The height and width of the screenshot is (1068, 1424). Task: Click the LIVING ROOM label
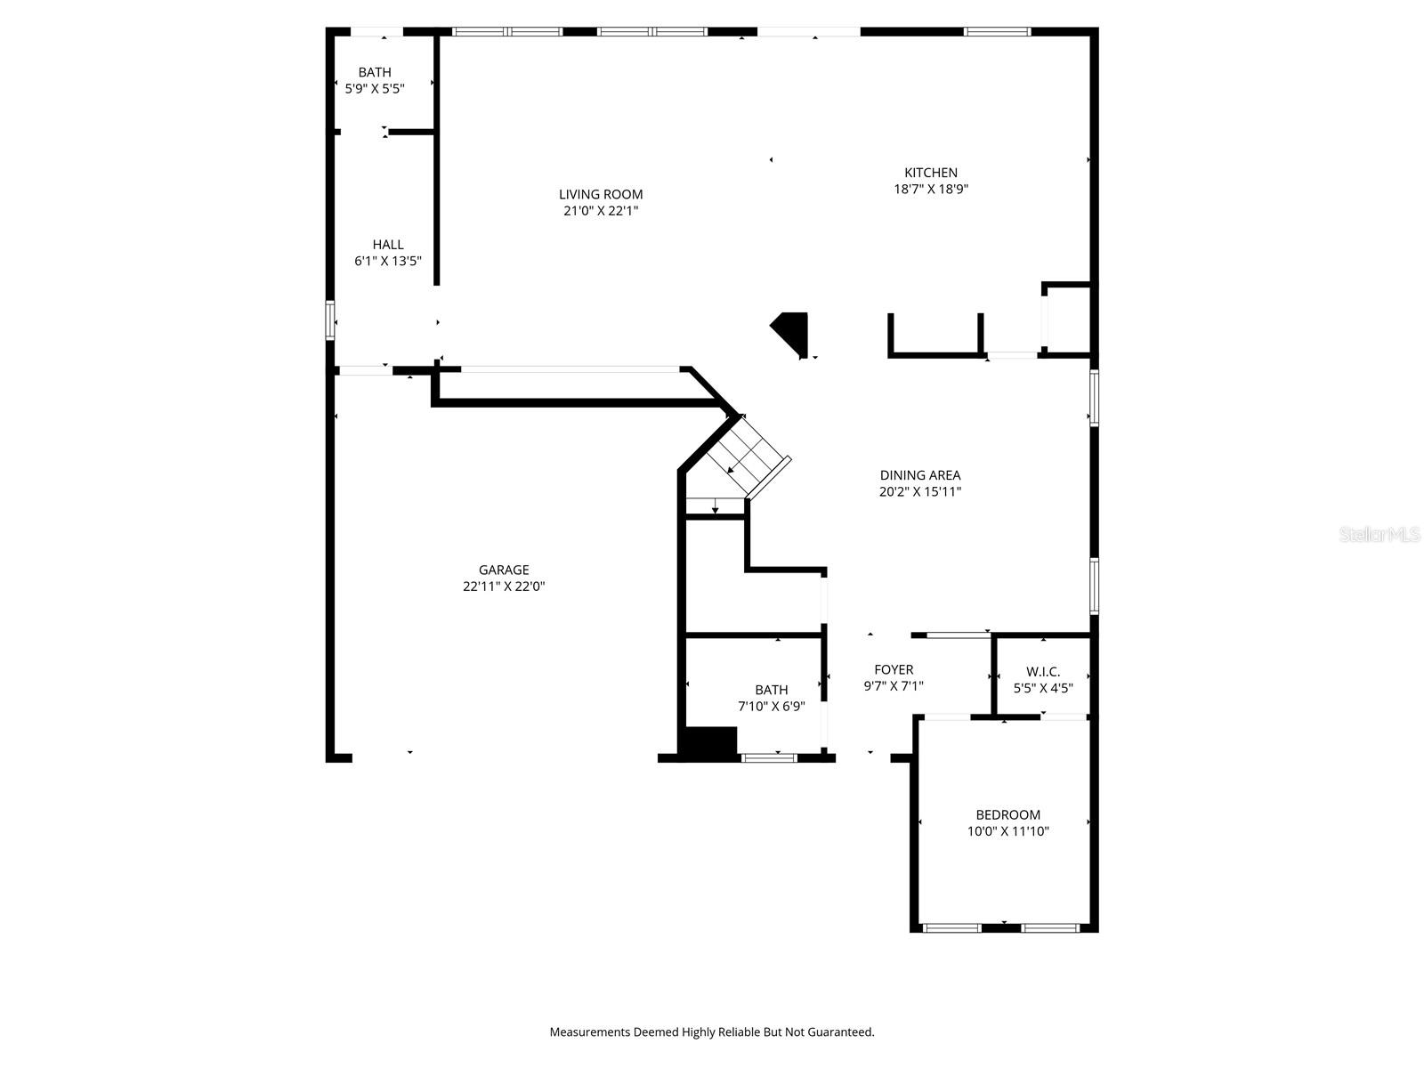coord(601,194)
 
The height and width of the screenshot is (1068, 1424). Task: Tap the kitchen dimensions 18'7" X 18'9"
coord(931,189)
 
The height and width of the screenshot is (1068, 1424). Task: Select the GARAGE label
coord(504,570)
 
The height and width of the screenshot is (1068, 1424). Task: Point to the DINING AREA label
coord(920,475)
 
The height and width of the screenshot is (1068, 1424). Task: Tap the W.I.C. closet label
coord(1043,671)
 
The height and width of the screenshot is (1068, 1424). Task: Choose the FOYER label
coord(894,669)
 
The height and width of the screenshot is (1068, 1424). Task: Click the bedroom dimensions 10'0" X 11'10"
coord(1008,831)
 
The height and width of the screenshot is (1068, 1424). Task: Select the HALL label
coord(388,244)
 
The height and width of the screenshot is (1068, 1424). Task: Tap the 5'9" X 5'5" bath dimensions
coord(375,88)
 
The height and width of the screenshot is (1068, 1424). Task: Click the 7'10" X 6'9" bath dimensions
coord(772,706)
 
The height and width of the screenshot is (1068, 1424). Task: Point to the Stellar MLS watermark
coord(1379,534)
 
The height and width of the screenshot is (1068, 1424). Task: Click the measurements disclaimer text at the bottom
coord(712,1032)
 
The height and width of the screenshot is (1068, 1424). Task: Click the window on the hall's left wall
coord(330,320)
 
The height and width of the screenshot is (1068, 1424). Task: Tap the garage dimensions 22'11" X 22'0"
coord(504,587)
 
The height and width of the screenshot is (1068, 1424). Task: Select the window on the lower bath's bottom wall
coord(770,757)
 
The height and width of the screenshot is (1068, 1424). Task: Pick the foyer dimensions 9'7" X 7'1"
coord(894,686)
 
